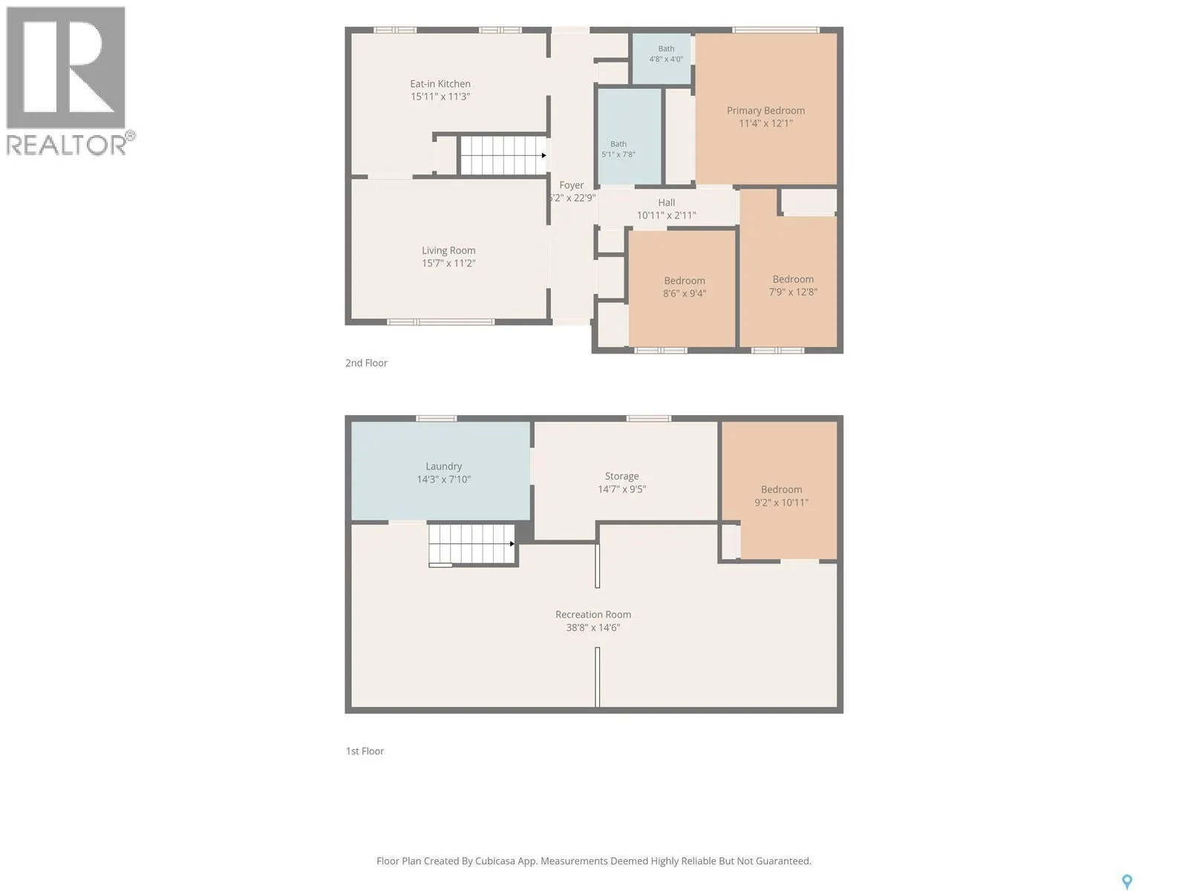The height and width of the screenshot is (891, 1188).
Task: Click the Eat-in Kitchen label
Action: tap(440, 84)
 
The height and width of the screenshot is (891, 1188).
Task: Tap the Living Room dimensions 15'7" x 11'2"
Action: tap(448, 264)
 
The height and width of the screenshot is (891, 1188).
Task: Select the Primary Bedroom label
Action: tap(766, 111)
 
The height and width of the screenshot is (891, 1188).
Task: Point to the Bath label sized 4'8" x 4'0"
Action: tap(666, 49)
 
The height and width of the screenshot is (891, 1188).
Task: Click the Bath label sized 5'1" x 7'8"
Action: tap(618, 144)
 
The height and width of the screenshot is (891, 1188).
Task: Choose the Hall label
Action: tap(666, 202)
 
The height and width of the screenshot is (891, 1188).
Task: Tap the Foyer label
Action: tap(572, 185)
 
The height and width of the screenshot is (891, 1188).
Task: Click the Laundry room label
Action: tap(444, 467)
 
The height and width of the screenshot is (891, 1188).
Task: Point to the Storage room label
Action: tap(621, 477)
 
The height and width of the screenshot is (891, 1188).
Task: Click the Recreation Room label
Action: tap(593, 615)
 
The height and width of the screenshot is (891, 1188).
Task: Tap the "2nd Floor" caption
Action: tap(366, 363)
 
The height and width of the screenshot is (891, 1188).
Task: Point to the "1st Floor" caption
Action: tap(365, 751)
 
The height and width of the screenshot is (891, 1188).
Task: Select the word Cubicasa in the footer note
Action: tap(495, 861)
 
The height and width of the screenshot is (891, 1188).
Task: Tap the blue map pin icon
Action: tap(1127, 881)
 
